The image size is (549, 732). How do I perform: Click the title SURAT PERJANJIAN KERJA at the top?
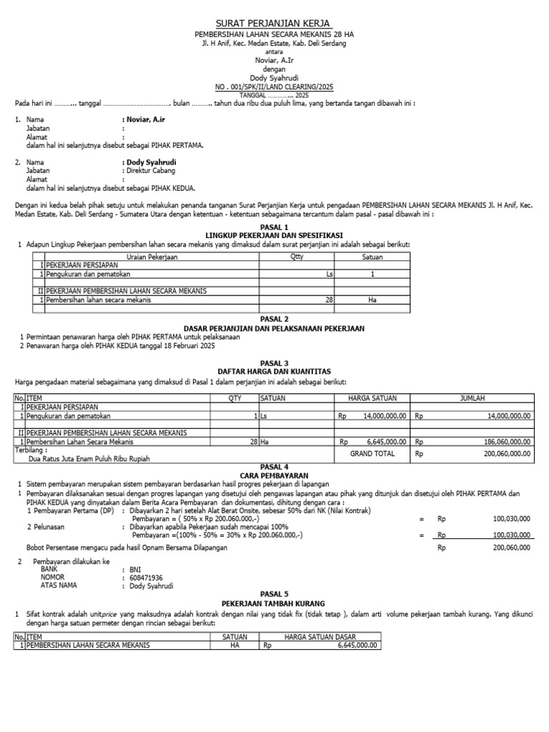click(274, 24)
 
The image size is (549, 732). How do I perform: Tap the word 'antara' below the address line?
click(274, 51)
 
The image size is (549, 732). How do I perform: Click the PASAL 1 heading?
click(274, 227)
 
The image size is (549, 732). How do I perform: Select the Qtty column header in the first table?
click(297, 256)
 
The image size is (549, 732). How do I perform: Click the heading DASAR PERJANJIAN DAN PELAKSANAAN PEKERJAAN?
click(274, 328)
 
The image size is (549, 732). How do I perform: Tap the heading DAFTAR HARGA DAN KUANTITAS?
click(274, 372)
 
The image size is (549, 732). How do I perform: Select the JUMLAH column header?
click(472, 397)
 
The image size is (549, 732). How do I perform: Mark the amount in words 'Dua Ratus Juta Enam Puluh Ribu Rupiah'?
click(89, 458)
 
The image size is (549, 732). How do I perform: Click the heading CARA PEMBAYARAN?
click(275, 475)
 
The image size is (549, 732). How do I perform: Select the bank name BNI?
click(135, 570)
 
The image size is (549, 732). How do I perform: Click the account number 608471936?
click(146, 578)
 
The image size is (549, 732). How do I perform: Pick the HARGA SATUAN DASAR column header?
click(320, 636)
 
